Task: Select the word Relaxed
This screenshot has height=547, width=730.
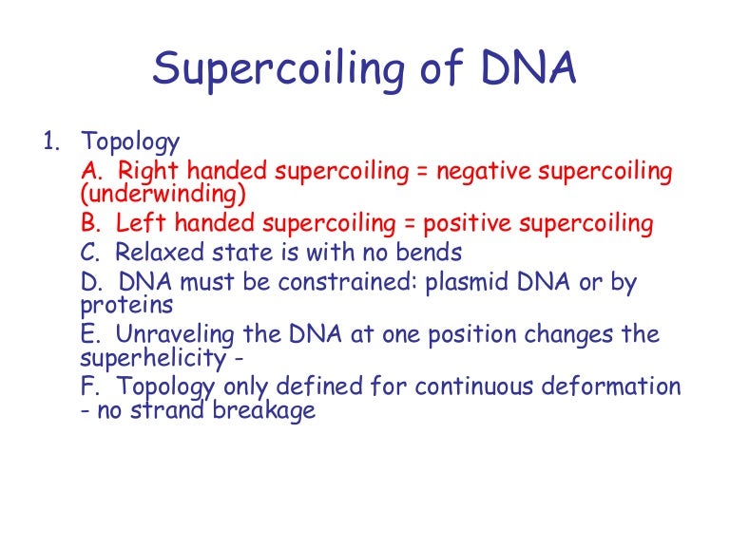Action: pos(156,253)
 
